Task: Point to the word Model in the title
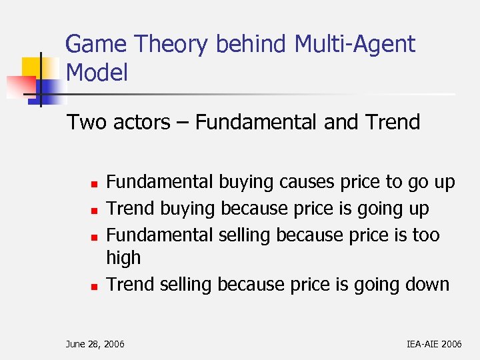(x=97, y=73)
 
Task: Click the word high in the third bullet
(x=123, y=258)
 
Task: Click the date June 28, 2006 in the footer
(x=95, y=344)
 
